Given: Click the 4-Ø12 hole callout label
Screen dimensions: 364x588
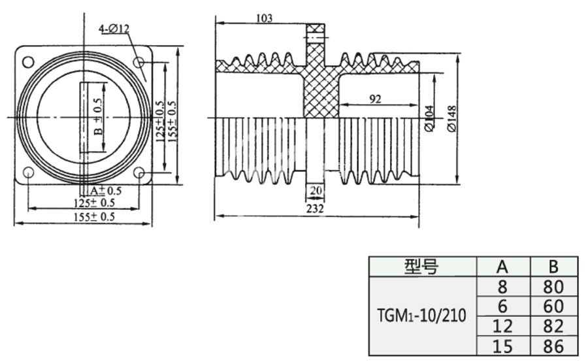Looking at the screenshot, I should click(x=115, y=29).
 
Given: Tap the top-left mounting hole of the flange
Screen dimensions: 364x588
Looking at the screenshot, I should click(x=28, y=62).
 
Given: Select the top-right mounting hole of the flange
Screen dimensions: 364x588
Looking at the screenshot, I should click(x=139, y=62).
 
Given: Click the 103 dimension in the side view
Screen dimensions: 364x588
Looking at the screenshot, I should click(x=263, y=18).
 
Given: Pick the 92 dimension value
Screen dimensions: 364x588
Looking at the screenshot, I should click(x=375, y=99).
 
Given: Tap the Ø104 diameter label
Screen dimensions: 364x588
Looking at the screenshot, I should click(x=429, y=118).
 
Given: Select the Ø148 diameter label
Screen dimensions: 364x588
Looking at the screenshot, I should click(x=451, y=118).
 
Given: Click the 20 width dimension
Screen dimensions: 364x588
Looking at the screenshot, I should click(x=315, y=190).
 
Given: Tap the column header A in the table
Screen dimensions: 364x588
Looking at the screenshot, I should click(x=502, y=267).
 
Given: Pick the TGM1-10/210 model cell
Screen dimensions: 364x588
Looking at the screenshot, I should click(x=422, y=316).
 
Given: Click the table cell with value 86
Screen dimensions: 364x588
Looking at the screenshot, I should click(x=553, y=346).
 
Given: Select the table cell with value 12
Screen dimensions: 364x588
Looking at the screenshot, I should click(x=502, y=326).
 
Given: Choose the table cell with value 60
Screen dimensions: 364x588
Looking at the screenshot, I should click(x=553, y=306).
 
